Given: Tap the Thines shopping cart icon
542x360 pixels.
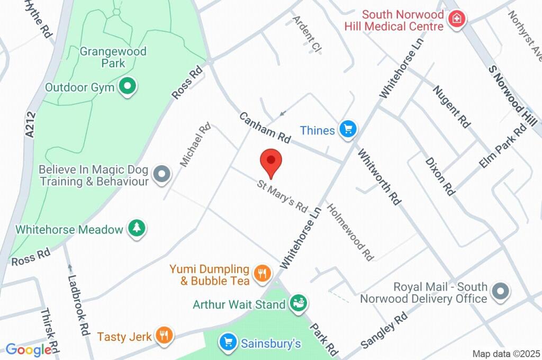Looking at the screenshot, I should tap(348, 129).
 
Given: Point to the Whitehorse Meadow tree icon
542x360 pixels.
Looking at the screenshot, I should tap(138, 228).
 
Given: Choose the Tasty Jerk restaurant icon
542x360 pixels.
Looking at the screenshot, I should tap(165, 335).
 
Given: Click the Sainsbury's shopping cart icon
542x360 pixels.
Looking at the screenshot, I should tap(228, 342).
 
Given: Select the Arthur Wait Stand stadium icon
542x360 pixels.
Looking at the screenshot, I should tap(298, 303).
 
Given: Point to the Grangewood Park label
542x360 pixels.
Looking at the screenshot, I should tap(113, 58).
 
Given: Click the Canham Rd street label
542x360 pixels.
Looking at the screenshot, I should tap(265, 128).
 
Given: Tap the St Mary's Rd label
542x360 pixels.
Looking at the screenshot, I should tap(283, 195).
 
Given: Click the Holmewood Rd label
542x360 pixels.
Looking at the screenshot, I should tap(350, 232).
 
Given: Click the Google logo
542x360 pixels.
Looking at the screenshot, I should tap(29, 349).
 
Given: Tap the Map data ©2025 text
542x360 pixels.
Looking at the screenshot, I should tap(505, 353).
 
